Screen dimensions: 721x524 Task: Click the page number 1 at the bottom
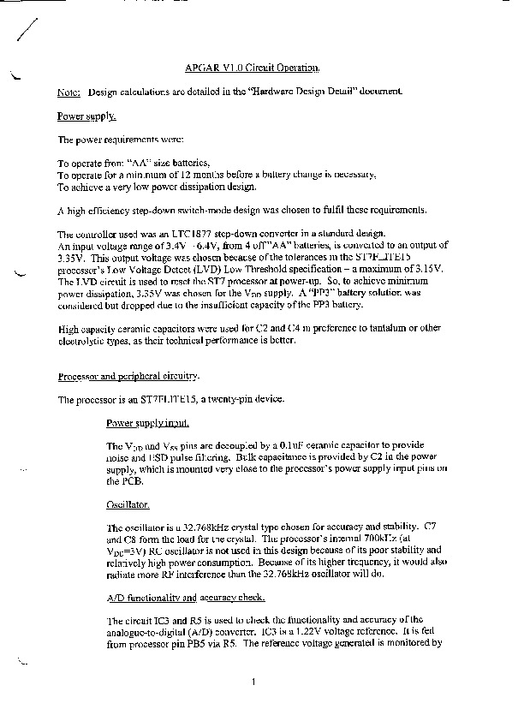point(254,682)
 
